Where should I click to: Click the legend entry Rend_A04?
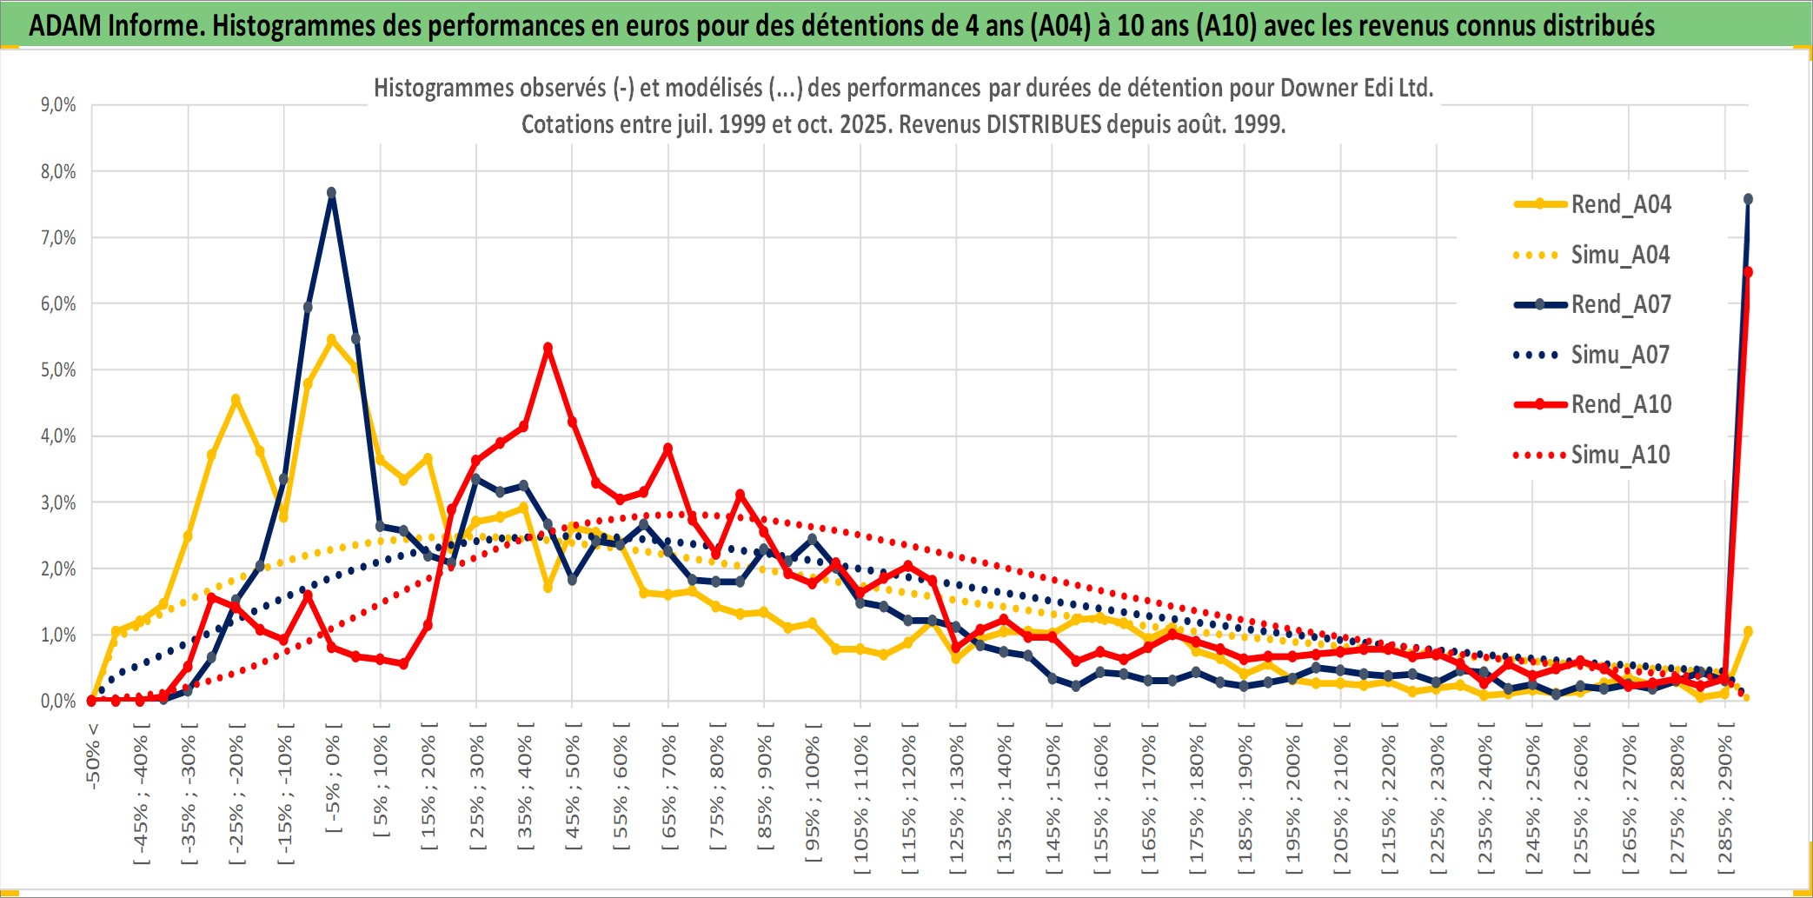point(1620,204)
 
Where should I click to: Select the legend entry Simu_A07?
point(1620,355)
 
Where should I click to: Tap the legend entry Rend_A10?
point(1620,404)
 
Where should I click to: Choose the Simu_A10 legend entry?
point(1620,455)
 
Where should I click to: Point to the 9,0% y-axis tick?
point(58,105)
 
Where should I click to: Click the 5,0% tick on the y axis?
point(58,370)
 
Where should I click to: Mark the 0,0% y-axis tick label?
point(58,702)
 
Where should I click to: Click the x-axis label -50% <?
point(93,756)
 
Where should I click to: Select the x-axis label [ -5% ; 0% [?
point(333,783)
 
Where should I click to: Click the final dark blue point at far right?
point(1748,200)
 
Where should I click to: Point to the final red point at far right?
point(1748,272)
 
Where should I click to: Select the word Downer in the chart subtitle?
point(1320,88)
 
